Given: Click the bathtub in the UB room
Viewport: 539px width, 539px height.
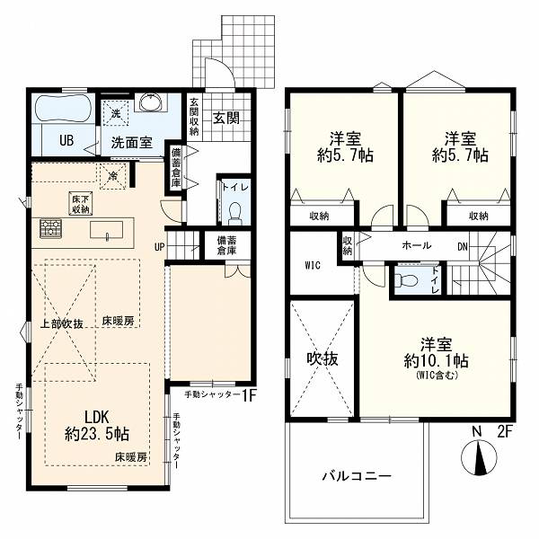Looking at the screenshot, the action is pyautogui.click(x=64, y=108).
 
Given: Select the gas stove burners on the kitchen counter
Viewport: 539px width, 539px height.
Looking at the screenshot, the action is pyautogui.click(x=50, y=228).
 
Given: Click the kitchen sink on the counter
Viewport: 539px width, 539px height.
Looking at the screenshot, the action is pyautogui.click(x=107, y=230).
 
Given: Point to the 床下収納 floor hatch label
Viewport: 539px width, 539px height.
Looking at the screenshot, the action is pyautogui.click(x=81, y=204).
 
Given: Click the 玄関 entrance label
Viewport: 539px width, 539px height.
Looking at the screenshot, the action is pyautogui.click(x=226, y=118).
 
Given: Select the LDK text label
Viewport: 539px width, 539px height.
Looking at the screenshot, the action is pyautogui.click(x=97, y=417).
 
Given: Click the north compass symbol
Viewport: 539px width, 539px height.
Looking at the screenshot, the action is pyautogui.click(x=479, y=457).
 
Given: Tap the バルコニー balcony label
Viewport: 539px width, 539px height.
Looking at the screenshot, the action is pyautogui.click(x=357, y=476).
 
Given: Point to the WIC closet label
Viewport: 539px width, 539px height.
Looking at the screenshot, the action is pyautogui.click(x=313, y=265).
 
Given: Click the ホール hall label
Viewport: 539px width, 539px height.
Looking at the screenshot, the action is pyautogui.click(x=416, y=245).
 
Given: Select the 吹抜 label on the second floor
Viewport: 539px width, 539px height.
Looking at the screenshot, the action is pyautogui.click(x=323, y=358).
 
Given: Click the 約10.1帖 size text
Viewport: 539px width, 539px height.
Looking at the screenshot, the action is pyautogui.click(x=437, y=361).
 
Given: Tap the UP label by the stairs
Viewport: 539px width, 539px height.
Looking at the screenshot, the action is pyautogui.click(x=160, y=247).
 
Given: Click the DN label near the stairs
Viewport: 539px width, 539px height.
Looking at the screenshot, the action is pyautogui.click(x=463, y=246).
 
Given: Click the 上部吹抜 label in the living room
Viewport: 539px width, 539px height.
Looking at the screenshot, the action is pyautogui.click(x=62, y=323).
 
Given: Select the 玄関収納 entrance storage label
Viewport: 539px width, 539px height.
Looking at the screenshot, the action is pyautogui.click(x=194, y=117).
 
